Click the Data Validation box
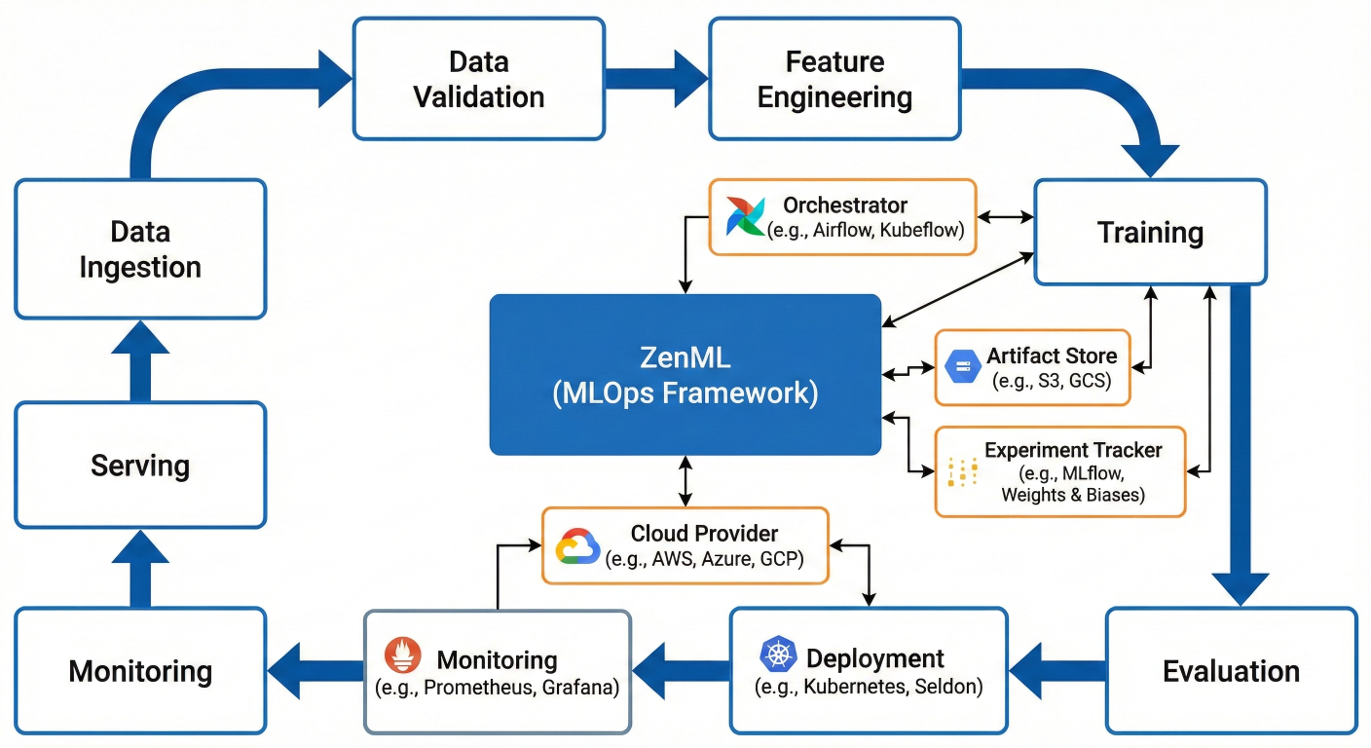pos(478,80)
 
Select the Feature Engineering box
pos(834,80)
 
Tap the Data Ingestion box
pos(140,249)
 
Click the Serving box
pos(140,466)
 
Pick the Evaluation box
pos(1231,671)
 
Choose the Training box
pos(1150,233)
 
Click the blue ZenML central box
pos(685,375)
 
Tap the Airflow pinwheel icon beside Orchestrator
pos(747,216)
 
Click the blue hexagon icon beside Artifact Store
pos(960,367)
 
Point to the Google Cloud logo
pos(578,546)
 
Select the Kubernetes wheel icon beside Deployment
pos(778,655)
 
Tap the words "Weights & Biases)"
pos(1073,496)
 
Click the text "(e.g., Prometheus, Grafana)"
pos(497,687)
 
